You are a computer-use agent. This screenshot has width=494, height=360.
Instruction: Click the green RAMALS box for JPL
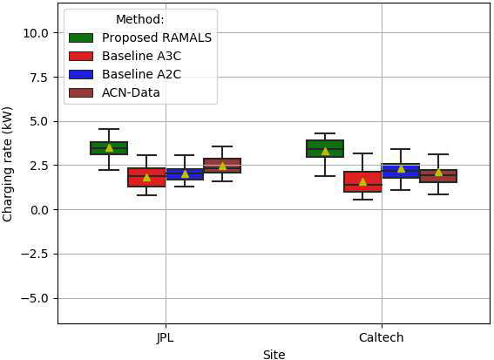pyautogui.click(x=109, y=148)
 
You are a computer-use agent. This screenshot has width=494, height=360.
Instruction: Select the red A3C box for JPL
pyautogui.click(x=146, y=178)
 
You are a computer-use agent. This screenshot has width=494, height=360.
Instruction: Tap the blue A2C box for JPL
pyautogui.click(x=185, y=174)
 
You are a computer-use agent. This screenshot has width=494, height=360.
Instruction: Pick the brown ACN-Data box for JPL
pyautogui.click(x=222, y=166)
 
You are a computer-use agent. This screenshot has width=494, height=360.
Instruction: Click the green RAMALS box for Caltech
pyautogui.click(x=325, y=148)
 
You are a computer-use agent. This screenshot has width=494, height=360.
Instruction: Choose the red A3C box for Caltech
pyautogui.click(x=362, y=181)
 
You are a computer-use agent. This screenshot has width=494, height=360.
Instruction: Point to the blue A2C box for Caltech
pyautogui.click(x=401, y=171)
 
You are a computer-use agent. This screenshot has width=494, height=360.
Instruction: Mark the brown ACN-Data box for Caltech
pyautogui.click(x=438, y=176)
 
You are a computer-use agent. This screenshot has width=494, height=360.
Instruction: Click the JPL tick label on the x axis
pyautogui.click(x=165, y=338)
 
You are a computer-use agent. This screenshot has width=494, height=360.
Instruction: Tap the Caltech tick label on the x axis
pyautogui.click(x=382, y=337)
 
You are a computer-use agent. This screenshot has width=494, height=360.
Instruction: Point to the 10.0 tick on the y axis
pyautogui.click(x=36, y=33)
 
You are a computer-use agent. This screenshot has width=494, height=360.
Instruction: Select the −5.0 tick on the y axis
pyautogui.click(x=35, y=298)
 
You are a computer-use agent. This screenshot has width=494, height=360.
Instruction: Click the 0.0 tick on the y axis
pyautogui.click(x=39, y=209)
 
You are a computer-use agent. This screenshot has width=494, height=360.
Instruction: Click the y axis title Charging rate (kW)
pyautogui.click(x=7, y=165)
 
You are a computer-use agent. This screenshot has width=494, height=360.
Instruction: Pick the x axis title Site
pyautogui.click(x=274, y=355)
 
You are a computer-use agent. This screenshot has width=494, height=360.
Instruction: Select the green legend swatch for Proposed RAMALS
pyautogui.click(x=81, y=37)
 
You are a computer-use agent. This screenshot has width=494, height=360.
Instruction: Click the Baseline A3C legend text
pyautogui.click(x=141, y=56)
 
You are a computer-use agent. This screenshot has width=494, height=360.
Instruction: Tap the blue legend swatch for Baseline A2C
pyautogui.click(x=81, y=74)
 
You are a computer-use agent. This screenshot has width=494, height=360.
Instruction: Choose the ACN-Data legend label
pyautogui.click(x=131, y=92)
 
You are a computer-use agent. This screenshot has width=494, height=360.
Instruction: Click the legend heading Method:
pyautogui.click(x=140, y=19)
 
